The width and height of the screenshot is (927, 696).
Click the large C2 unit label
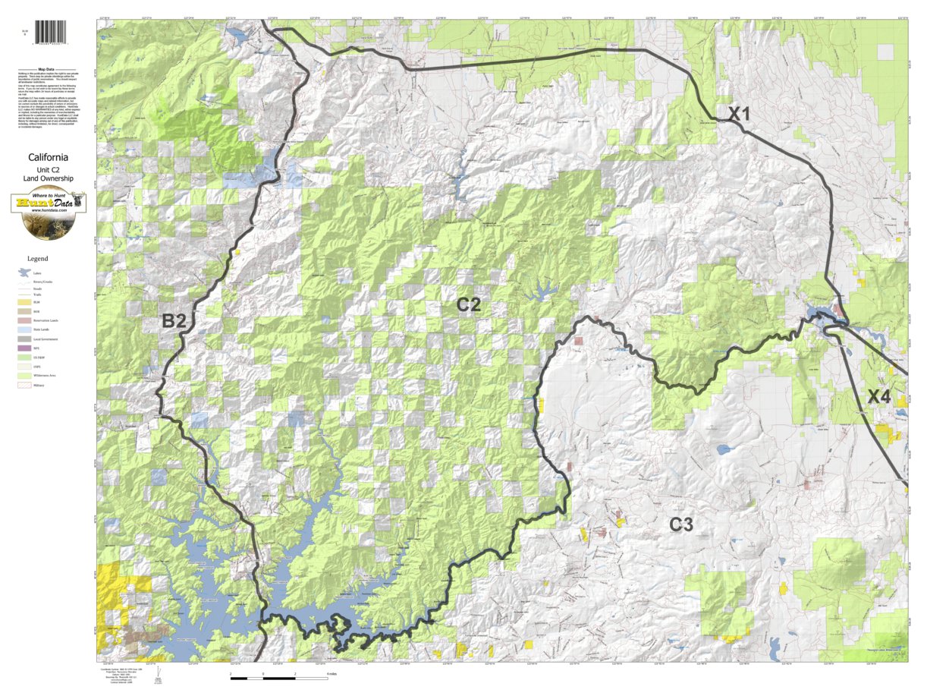point(468,305)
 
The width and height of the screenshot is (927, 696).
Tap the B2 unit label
point(174,321)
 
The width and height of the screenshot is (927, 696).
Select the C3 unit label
point(680,524)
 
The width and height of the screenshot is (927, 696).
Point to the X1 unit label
point(739,115)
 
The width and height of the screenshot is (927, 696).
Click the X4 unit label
point(879,396)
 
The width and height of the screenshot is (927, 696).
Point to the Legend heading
point(37,259)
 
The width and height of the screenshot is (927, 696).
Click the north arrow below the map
point(157,674)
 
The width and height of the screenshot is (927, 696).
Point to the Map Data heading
point(48,68)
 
